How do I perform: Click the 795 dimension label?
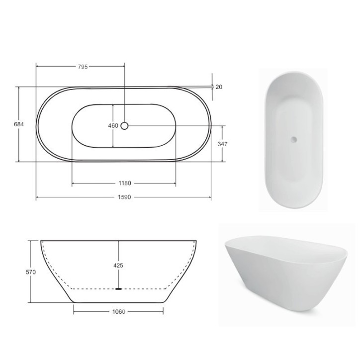pos(83,67)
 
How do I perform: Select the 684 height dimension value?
pos(19,124)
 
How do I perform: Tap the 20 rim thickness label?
pos(219,87)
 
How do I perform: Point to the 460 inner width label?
pos(113,126)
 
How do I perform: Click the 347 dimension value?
pos(222,144)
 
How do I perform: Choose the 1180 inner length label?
pos(125,183)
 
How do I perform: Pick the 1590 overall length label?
pos(124,197)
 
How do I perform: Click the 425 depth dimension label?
pos(118,266)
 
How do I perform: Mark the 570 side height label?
pos(31,272)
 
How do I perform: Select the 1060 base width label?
pos(119,312)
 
